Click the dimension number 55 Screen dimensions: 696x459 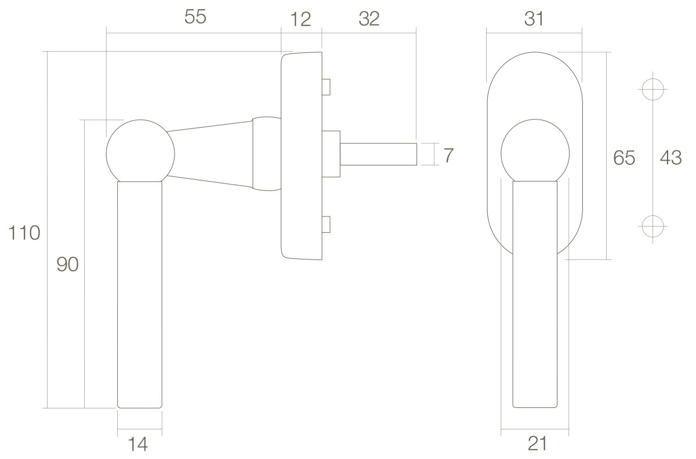coord(195,16)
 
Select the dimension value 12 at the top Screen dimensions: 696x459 coord(300,19)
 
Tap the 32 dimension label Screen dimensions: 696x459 coord(369,19)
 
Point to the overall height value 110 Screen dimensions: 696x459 coord(24,233)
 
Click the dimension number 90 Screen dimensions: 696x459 coord(67,265)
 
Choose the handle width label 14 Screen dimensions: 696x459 coord(137,444)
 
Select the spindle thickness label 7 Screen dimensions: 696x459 coord(448,156)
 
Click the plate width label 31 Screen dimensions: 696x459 coord(534,19)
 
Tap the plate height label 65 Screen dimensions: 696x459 coord(624,158)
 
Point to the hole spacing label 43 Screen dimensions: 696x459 coord(671,158)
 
